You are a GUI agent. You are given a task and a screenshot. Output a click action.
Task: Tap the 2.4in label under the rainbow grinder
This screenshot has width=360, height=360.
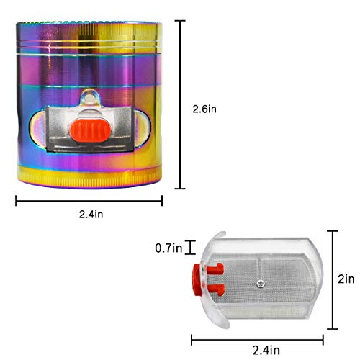88,214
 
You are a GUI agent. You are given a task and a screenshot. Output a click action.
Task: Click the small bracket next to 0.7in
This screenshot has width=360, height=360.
191,248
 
